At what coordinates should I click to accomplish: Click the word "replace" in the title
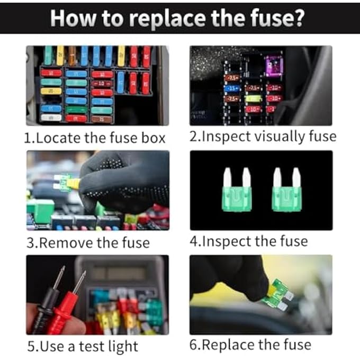pos(168,18)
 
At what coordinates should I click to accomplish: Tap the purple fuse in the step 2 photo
pos(274,67)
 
